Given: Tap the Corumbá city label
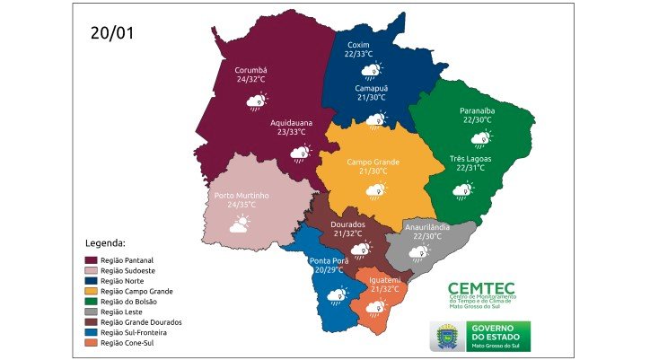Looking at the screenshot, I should coord(252,69).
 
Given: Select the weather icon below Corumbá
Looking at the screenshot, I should coord(259,102).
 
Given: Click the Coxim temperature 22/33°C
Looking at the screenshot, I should coord(359,54).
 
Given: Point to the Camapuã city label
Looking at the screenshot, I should coord(369,88).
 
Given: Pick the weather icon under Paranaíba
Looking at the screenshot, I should coord(481,138).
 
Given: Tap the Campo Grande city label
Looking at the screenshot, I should coord(373,162).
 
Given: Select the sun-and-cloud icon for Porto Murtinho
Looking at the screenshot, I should coord(239,225).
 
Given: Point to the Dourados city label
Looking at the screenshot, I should coord(347,224).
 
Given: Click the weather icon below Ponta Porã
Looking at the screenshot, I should coord(338,294).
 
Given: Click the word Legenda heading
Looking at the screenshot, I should coord(105,242).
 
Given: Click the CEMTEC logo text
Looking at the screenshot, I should coord(481,287).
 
